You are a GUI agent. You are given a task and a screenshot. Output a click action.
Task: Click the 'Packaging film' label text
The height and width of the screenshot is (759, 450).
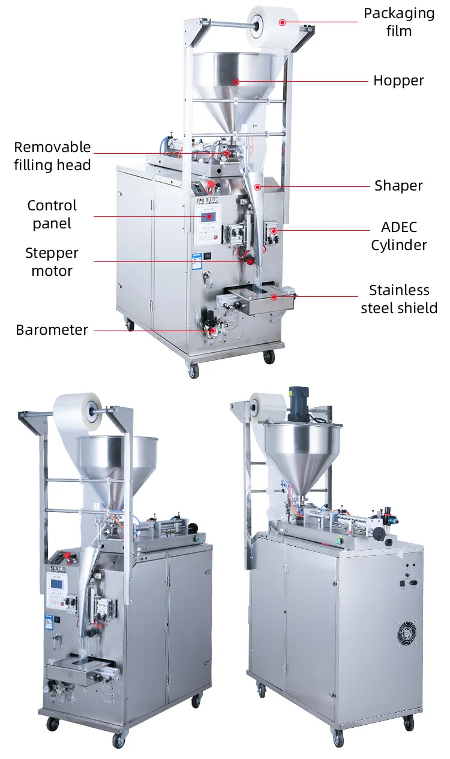click(x=399, y=22)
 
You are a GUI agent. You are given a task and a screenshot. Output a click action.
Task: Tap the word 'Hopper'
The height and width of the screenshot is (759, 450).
click(x=398, y=81)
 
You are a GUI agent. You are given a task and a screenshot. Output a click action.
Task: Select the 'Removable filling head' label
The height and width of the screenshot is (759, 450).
click(x=53, y=156)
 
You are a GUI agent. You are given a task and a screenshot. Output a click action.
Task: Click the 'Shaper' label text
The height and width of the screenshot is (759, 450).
click(x=398, y=186)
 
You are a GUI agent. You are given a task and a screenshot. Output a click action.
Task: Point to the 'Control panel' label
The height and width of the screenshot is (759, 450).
click(x=52, y=215)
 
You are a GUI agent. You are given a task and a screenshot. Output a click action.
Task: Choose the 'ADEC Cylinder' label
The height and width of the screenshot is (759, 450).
click(x=398, y=236)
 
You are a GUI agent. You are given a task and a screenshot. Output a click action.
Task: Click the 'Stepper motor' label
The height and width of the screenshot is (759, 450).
click(x=52, y=262)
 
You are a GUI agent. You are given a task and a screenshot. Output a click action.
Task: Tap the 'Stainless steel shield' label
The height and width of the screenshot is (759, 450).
click(x=399, y=299)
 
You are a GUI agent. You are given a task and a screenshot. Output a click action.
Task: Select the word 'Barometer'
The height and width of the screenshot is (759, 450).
click(x=52, y=330)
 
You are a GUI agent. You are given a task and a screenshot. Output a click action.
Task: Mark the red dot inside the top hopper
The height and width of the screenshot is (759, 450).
click(x=236, y=81)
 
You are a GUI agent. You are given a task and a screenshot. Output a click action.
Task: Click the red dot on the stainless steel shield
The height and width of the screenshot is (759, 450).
click(x=274, y=296)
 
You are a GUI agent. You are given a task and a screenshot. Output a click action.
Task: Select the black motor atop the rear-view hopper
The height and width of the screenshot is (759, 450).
click(x=298, y=404)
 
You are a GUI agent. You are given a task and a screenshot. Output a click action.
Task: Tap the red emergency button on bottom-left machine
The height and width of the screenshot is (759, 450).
click(x=66, y=552)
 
